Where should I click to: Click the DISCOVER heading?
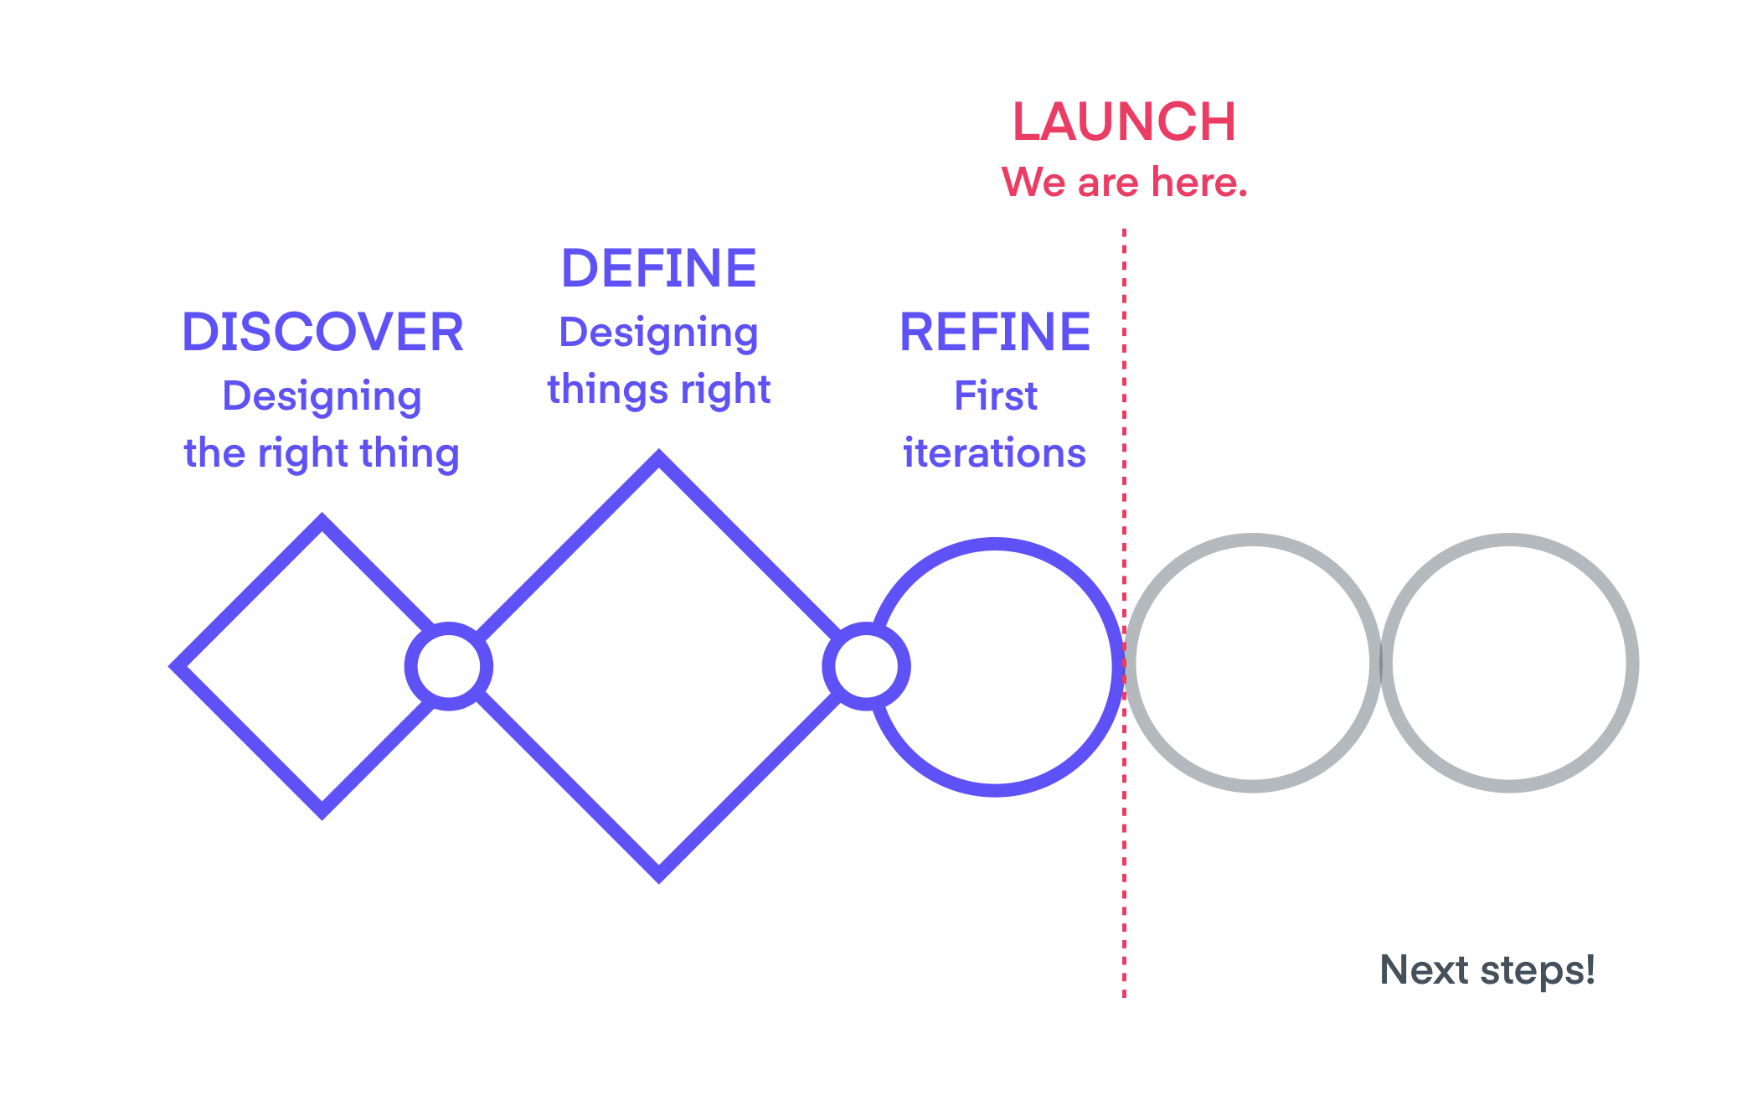coord(322,332)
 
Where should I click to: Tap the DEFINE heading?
coord(659,268)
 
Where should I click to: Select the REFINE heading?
coord(995,332)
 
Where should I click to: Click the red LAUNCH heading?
coord(1124,121)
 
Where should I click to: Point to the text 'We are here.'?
coord(1124,182)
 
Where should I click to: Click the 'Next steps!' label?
coord(1487,969)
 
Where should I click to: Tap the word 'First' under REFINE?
coord(995,395)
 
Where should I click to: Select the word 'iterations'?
coord(995,452)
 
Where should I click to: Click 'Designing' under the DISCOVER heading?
coord(322,395)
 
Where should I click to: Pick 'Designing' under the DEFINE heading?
coord(659,332)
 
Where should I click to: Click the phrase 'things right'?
coord(659,390)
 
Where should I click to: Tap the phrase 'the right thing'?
coord(322,452)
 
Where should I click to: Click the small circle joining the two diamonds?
coord(449,666)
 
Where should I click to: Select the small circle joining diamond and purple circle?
coord(866,666)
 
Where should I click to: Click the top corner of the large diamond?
coord(659,457)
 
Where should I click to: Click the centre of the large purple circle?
coord(995,666)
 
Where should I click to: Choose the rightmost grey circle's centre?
coord(1509,663)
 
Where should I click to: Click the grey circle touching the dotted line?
coord(1253,663)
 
